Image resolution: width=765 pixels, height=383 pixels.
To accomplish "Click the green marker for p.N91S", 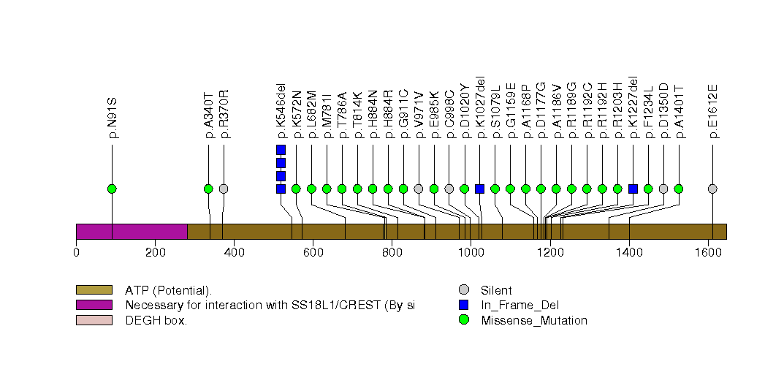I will click(112, 189).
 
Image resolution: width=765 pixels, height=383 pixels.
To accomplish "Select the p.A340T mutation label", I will click(208, 114).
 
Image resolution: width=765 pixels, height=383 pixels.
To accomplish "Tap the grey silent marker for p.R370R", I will click(224, 189).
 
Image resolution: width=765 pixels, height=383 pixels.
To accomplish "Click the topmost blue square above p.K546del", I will click(281, 150).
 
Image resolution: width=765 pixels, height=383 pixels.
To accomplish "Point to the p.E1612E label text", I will click(712, 111).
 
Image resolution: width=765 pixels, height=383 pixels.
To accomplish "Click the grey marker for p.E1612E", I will click(712, 189).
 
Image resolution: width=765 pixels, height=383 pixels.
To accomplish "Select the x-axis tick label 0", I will click(76, 253).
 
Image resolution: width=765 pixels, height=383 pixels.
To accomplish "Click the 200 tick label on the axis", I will click(155, 253).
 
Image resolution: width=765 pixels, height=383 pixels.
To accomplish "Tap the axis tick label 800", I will click(392, 253).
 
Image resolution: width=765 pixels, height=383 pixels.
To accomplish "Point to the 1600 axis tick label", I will click(708, 253).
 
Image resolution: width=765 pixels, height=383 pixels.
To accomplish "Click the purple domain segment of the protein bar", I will click(132, 231).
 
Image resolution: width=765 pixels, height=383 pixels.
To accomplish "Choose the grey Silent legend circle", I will click(463, 290).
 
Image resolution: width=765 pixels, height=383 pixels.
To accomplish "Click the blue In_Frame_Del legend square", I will click(463, 305).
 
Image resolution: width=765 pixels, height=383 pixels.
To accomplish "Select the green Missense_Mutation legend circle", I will click(463, 320).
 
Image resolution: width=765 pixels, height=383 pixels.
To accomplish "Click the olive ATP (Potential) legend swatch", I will click(94, 290).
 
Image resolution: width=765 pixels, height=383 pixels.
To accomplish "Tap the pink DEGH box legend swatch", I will click(94, 320).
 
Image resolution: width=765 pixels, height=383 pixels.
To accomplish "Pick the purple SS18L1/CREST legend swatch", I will click(94, 305).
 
